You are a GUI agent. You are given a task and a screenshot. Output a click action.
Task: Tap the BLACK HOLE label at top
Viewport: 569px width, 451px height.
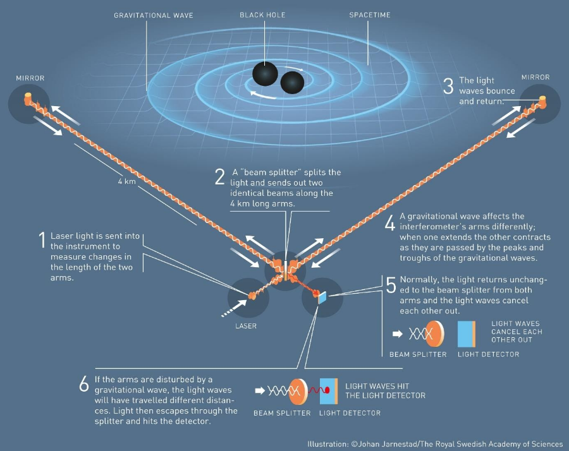coord(262,14)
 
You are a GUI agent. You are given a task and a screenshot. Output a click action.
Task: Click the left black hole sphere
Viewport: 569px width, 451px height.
coord(265,74)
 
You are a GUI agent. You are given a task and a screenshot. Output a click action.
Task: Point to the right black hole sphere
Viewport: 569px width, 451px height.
coord(292,82)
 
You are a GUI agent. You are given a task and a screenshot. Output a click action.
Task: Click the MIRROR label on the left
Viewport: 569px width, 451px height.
coord(30,78)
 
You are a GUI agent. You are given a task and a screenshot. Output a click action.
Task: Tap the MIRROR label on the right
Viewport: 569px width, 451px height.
coord(536,77)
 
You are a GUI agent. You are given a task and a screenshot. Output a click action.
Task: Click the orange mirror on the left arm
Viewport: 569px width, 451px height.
coord(28,98)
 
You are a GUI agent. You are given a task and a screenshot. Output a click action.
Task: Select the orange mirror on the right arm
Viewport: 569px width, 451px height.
coord(542,100)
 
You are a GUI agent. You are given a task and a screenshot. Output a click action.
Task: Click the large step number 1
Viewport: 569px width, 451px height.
coord(42,240)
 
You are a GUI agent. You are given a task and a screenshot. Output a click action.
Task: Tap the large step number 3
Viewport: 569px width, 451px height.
coord(448,85)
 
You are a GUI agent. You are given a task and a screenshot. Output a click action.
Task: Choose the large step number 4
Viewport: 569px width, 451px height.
coord(389,223)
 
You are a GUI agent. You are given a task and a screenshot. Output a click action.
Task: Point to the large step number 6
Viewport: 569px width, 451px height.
coord(84,385)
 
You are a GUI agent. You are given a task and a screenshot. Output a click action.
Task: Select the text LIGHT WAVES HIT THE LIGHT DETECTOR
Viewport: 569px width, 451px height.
coord(385,390)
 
